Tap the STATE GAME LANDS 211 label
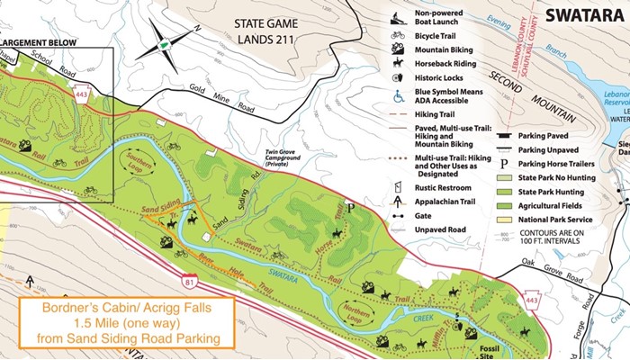(266, 31)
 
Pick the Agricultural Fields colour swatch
(506, 202)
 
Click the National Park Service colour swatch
(506, 217)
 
